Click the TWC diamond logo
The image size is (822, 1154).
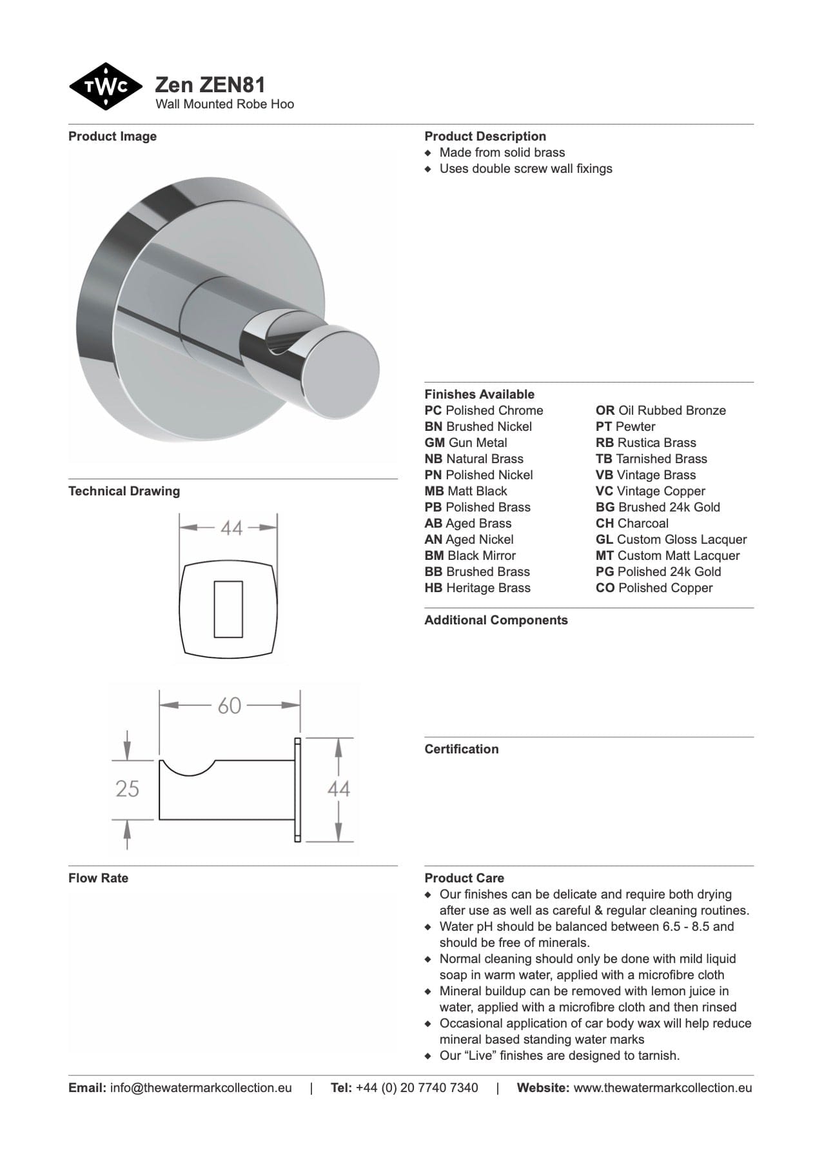click(105, 86)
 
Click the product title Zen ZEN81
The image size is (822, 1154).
click(210, 85)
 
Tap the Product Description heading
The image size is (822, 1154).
click(485, 136)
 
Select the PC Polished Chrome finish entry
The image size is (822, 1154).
click(484, 410)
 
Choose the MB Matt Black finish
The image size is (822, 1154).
click(465, 491)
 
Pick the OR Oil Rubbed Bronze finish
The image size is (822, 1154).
click(660, 410)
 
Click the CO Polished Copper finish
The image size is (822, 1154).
click(654, 588)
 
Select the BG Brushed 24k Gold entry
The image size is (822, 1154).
click(658, 507)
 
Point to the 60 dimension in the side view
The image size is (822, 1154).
click(230, 706)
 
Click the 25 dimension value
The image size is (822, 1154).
click(127, 788)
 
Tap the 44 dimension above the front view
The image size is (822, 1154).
click(231, 528)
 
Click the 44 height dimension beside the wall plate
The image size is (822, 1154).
click(338, 788)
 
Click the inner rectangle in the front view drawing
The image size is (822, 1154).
click(228, 609)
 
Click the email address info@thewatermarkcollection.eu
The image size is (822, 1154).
click(201, 1088)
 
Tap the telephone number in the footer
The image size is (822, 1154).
click(416, 1088)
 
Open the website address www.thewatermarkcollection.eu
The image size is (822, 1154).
click(662, 1088)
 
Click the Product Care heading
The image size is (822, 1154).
click(464, 878)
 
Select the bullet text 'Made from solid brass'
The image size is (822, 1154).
click(502, 152)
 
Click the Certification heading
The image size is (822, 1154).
click(461, 749)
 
